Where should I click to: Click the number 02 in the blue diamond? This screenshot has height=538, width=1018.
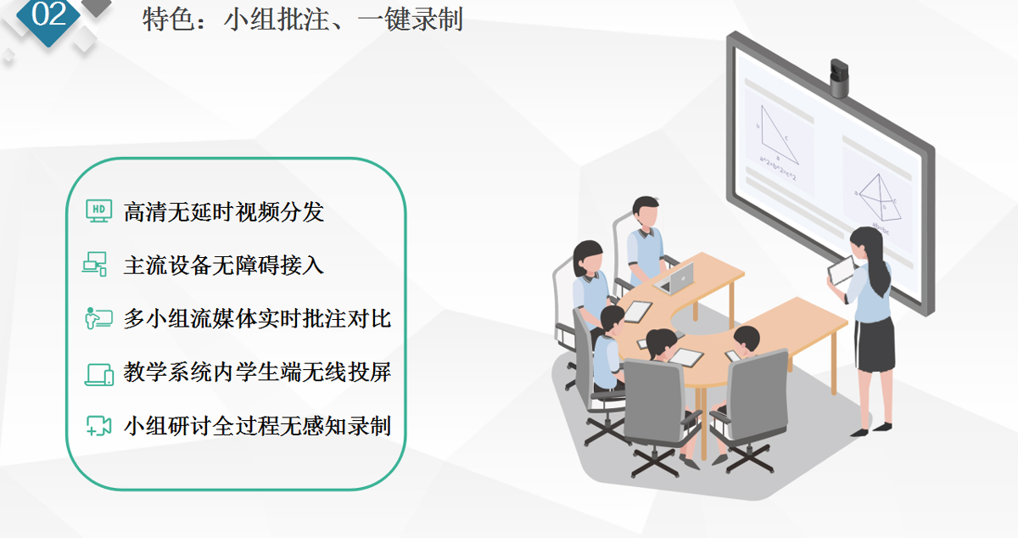tap(48, 14)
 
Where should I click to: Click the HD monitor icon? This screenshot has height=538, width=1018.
tap(99, 211)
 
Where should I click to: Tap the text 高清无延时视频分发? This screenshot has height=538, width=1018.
tap(224, 212)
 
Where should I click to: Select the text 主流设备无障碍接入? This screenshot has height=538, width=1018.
tap(224, 265)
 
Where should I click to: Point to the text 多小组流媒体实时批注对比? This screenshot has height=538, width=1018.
tap(257, 318)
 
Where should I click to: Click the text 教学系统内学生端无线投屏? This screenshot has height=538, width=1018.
tap(257, 372)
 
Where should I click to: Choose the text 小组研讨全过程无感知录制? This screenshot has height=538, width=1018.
tap(257, 426)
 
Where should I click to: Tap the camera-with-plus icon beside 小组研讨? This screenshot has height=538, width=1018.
tap(99, 426)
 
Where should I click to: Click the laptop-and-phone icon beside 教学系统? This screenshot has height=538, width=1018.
tap(99, 374)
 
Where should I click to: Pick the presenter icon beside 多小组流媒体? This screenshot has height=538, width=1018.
tap(98, 318)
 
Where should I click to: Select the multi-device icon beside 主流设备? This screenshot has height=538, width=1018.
tap(95, 264)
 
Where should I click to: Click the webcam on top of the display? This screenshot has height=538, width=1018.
tap(839, 78)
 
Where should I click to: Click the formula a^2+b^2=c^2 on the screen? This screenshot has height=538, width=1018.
tap(778, 168)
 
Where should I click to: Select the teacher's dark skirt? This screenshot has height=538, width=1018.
tap(875, 345)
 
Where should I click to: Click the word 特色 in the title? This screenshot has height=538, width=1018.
tap(168, 20)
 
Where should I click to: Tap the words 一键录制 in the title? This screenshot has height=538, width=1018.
tap(411, 20)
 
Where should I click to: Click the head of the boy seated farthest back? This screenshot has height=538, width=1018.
tap(646, 211)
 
